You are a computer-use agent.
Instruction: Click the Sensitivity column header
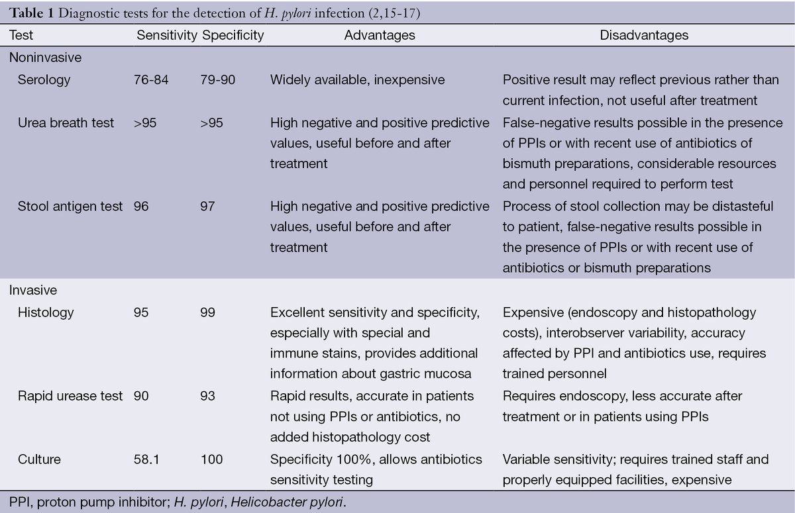click(x=166, y=35)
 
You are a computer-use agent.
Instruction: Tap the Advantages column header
click(x=380, y=35)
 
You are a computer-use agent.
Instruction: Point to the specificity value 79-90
click(x=217, y=80)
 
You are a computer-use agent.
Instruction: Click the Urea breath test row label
click(x=66, y=123)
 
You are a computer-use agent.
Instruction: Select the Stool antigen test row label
click(x=70, y=207)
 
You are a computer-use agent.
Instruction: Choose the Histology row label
click(x=46, y=312)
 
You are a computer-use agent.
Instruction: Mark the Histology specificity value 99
click(x=207, y=312)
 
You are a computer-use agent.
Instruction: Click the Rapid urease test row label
click(x=70, y=396)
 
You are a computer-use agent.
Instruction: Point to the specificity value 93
click(x=207, y=396)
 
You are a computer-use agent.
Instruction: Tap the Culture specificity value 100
click(x=211, y=459)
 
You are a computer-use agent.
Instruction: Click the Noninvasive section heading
click(x=45, y=58)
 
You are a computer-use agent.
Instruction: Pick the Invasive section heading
click(x=32, y=291)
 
